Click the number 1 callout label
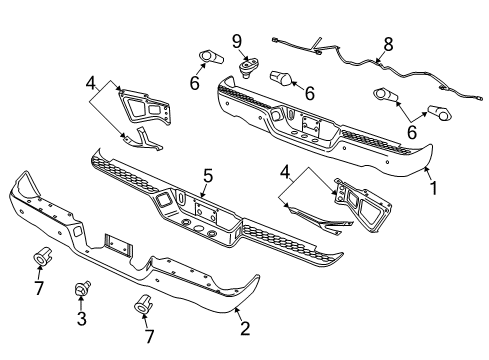pos(433,187)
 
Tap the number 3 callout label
pos(81,320)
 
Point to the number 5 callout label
pos(207,177)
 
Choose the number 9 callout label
pos(237,42)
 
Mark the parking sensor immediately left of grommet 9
pos(211,57)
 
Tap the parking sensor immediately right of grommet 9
pos(279,78)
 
